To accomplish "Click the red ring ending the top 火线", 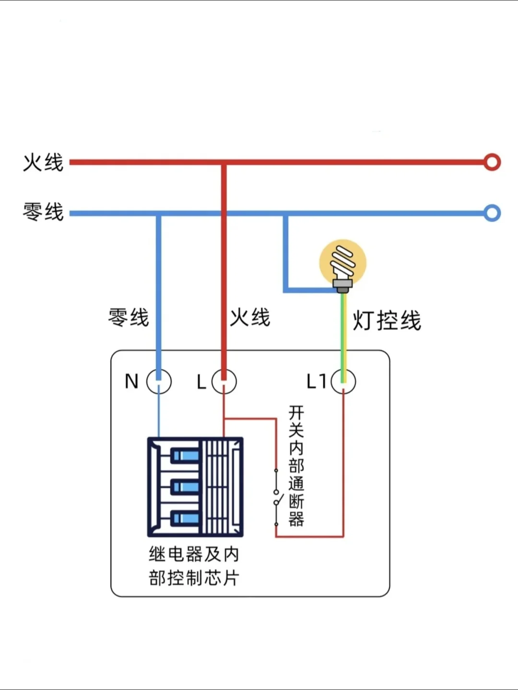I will point(492,162).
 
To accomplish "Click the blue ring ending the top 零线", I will point(492,213).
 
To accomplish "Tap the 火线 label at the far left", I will point(43,162).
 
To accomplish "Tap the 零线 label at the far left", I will point(43,212).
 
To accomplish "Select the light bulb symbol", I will point(343,263).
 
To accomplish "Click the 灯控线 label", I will point(387,320).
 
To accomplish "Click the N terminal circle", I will point(159,382).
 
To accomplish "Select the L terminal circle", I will point(224,382).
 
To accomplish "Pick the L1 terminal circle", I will point(343,382).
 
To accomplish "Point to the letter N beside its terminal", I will point(131,382).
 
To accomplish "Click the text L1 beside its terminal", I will point(317,382).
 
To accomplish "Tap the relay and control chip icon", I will point(195,487).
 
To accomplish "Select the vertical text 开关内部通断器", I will point(296,466).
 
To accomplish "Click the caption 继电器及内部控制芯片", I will point(194,566).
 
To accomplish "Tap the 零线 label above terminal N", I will point(129,317).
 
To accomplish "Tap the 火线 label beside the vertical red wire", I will point(250,317).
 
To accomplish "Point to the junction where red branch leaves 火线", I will point(224,163).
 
